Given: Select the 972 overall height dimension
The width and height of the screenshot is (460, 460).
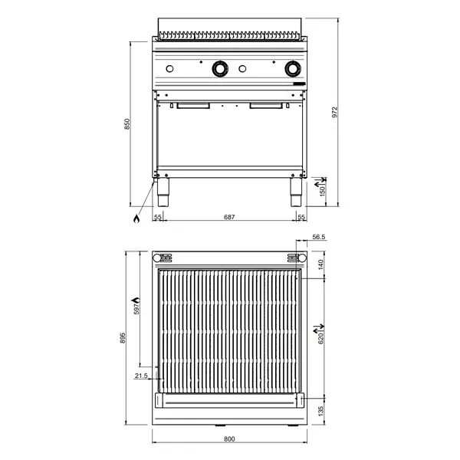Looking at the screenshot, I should click(x=335, y=112).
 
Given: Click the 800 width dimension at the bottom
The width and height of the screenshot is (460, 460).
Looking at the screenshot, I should click(x=229, y=439).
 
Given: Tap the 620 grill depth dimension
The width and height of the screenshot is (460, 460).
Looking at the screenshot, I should click(x=322, y=335).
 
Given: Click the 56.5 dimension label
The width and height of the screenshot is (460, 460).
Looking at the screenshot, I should click(x=320, y=238).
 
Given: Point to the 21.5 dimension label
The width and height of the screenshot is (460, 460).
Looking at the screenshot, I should click(x=141, y=376).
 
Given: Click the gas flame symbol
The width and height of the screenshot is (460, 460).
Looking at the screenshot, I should click(x=136, y=219).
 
